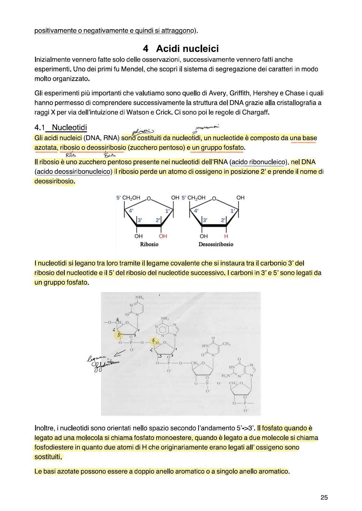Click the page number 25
point(324,497)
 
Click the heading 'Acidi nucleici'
point(187,49)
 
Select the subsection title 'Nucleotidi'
point(69,127)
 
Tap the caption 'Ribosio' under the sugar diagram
point(149,244)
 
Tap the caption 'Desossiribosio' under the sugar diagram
point(216,244)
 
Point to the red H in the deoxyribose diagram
point(226,236)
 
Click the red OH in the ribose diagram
point(163,236)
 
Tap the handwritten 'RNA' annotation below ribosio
point(71,155)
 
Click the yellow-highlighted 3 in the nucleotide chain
point(119,335)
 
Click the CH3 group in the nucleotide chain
point(226,344)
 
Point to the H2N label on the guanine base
point(226,375)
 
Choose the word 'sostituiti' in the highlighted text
point(48,457)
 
